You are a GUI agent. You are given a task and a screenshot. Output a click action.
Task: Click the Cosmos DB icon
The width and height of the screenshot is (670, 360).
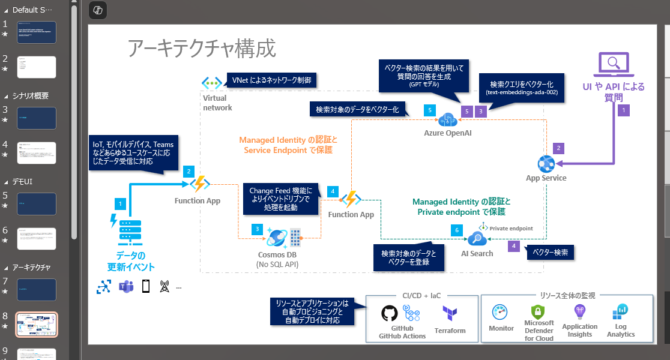(278, 238)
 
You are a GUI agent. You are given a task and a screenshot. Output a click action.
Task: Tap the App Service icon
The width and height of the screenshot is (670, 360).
(546, 162)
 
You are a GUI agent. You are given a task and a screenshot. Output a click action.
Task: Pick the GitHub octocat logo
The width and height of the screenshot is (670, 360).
(390, 314)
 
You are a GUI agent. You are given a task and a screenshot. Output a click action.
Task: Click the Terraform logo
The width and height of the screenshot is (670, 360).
(450, 314)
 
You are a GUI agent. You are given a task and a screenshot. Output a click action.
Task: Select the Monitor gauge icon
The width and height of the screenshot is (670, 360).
(501, 313)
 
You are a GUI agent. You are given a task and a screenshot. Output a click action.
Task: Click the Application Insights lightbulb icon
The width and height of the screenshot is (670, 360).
(579, 311)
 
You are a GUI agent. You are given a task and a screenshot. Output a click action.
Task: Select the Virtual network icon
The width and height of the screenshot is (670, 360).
(211, 83)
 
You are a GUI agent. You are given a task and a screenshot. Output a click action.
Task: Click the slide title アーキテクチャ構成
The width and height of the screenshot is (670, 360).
(202, 49)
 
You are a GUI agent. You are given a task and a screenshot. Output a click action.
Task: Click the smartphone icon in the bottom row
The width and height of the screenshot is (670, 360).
(145, 287)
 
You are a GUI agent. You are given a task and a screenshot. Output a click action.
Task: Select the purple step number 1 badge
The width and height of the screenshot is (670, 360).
(624, 110)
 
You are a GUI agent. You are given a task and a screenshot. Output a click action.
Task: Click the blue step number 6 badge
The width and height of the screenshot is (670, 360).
(457, 230)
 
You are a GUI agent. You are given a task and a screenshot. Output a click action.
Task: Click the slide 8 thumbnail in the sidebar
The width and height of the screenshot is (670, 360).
(37, 324)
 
